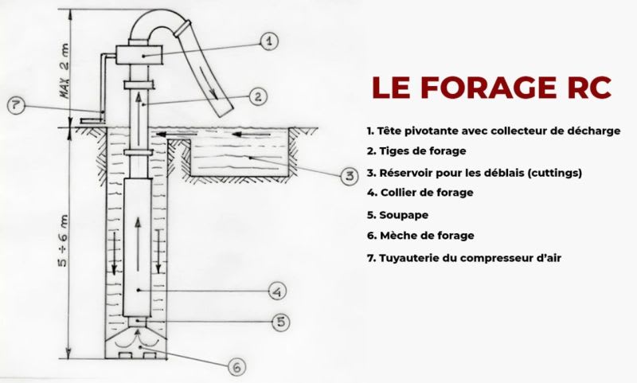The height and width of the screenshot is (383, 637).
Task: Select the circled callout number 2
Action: [x=256, y=96]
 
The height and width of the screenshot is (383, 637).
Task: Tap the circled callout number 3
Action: [x=347, y=176]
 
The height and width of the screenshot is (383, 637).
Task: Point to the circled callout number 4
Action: [x=276, y=292]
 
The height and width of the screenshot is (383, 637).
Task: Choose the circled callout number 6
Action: [x=236, y=367]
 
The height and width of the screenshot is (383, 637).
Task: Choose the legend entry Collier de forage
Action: [x=420, y=193]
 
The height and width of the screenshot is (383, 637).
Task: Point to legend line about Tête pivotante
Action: [x=493, y=130]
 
